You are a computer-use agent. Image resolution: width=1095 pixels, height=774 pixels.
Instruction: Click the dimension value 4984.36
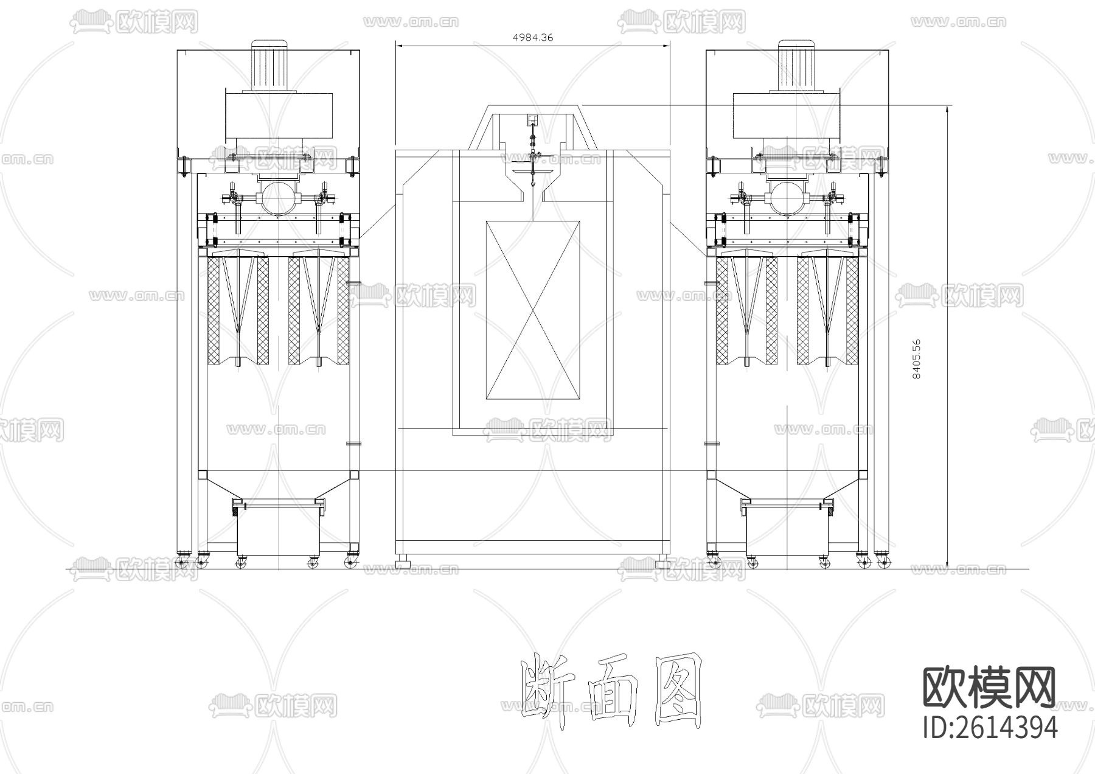533,37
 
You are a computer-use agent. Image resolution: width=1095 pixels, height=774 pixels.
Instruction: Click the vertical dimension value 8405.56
917,359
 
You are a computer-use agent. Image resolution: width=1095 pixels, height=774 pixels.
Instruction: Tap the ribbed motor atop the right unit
798,65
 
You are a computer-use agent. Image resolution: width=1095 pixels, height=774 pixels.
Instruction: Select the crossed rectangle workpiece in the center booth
533,310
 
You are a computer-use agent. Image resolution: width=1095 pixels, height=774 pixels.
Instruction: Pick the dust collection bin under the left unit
278,527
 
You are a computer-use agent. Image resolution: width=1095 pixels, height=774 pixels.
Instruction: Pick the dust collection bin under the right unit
787,527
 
